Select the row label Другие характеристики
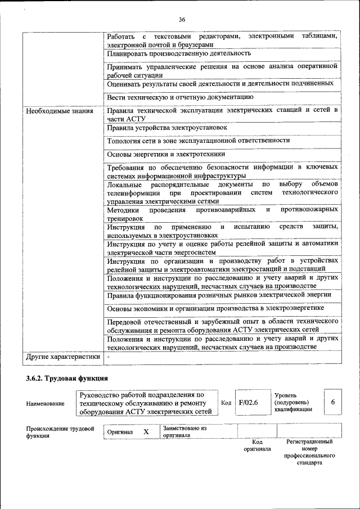(x=63, y=357)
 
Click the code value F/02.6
(x=248, y=403)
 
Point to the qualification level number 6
(x=333, y=403)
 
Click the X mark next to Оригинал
(x=146, y=432)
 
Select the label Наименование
(x=45, y=403)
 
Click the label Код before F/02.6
(x=226, y=403)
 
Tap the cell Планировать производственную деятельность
(x=179, y=53)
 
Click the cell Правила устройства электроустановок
(x=167, y=128)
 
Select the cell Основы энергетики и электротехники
(x=166, y=154)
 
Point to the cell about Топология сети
(x=199, y=141)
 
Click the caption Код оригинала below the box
(x=257, y=445)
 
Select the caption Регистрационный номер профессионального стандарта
(x=309, y=452)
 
